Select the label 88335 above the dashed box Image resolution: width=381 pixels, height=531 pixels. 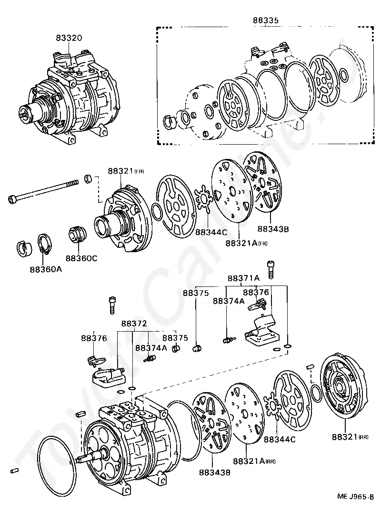[265, 20]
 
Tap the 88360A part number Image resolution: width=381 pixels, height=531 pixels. [46, 269]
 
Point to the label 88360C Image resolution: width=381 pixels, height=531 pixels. [81, 258]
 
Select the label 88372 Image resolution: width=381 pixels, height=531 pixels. [133, 323]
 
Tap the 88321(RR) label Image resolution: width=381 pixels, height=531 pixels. [351, 436]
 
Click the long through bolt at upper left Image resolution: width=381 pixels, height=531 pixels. [43, 191]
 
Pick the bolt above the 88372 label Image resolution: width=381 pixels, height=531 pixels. [112, 304]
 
